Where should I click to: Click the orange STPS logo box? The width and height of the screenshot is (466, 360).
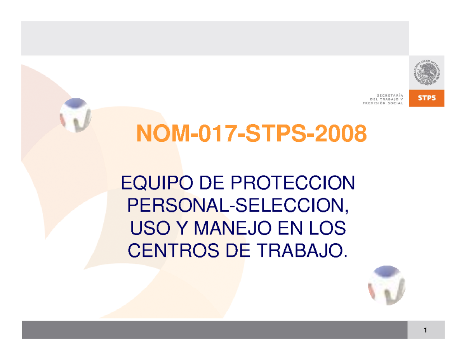(427, 99)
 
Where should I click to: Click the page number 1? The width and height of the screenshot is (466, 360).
(426, 330)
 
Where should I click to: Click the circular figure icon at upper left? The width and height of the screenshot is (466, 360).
(75, 115)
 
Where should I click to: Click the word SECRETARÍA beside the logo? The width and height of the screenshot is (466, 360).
(390, 94)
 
